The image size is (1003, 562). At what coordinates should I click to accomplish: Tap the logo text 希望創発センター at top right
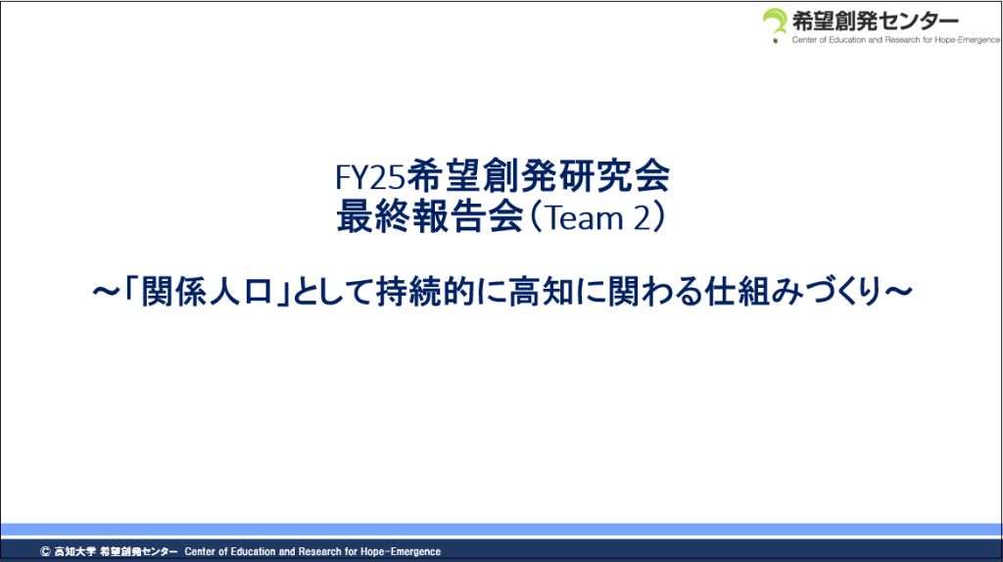click(876, 22)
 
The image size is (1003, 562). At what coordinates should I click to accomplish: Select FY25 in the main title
click(370, 177)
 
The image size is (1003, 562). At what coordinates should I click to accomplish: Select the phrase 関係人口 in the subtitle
click(208, 292)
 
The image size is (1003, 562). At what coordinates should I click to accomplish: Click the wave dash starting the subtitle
click(106, 292)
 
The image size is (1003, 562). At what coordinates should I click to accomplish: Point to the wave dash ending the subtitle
click(898, 292)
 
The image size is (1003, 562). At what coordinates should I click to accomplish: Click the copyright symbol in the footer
click(45, 551)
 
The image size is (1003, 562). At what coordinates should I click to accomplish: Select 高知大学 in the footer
click(74, 551)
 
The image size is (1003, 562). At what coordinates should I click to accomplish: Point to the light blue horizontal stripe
click(501, 529)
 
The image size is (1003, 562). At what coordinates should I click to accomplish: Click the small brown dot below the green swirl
click(776, 41)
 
